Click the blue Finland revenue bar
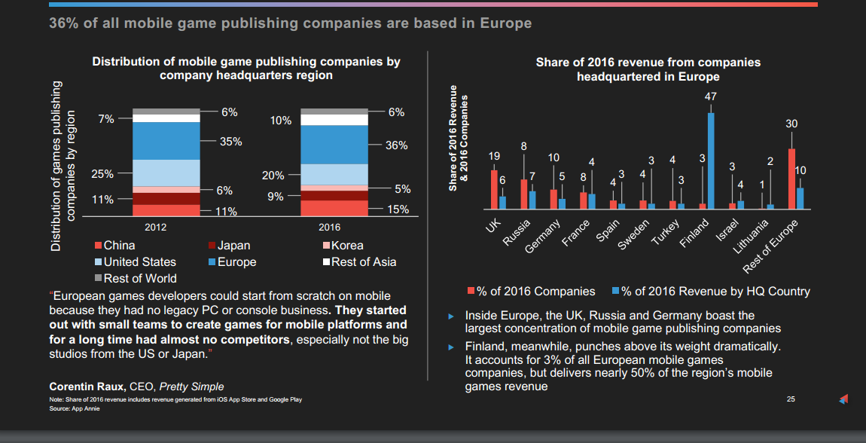coord(711,160)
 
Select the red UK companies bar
coord(494,189)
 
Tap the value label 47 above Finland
coord(710,97)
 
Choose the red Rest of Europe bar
coord(791,179)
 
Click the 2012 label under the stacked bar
coord(155,227)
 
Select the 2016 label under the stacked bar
coord(329,227)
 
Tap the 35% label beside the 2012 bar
coord(230,142)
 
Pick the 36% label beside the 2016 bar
coord(396,145)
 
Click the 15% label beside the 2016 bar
coord(398,209)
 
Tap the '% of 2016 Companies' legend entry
coord(531,292)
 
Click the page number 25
coord(790,399)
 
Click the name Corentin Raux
coord(85,387)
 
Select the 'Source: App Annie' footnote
coord(74,408)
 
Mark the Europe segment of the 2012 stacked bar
coord(166,141)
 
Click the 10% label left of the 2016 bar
coord(280,121)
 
